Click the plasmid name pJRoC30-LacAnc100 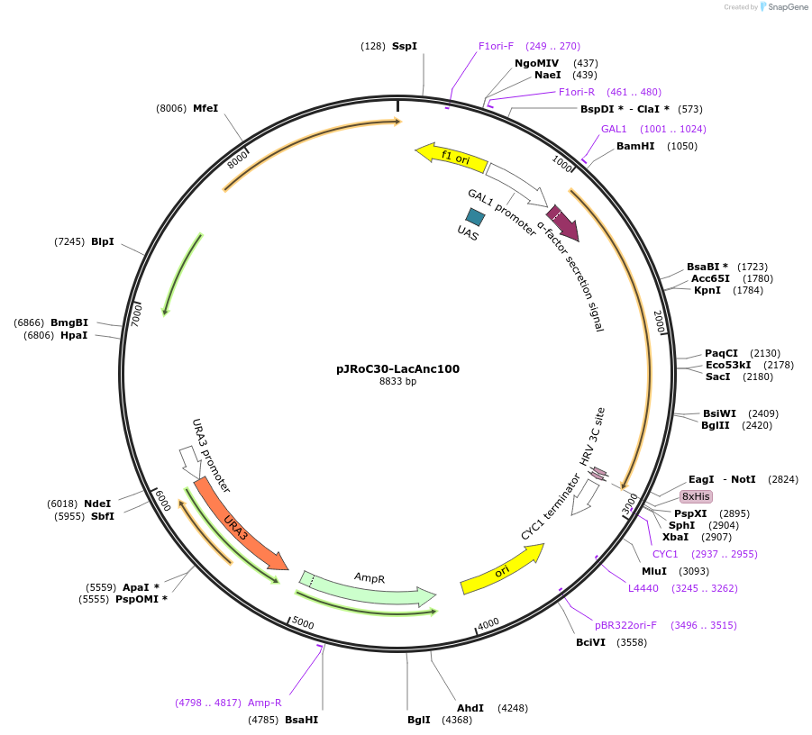[x=397, y=368]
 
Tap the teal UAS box [x=475, y=216]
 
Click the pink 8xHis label [x=696, y=496]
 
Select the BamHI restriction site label [x=635, y=146]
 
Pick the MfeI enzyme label [x=205, y=108]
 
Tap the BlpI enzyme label [x=103, y=241]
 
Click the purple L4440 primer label [x=643, y=588]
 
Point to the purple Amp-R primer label [x=265, y=703]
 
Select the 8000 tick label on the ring [x=238, y=159]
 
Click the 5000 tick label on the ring [x=303, y=624]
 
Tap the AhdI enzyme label [x=470, y=708]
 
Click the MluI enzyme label [x=654, y=571]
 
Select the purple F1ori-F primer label [x=496, y=46]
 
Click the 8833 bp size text [x=397, y=382]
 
